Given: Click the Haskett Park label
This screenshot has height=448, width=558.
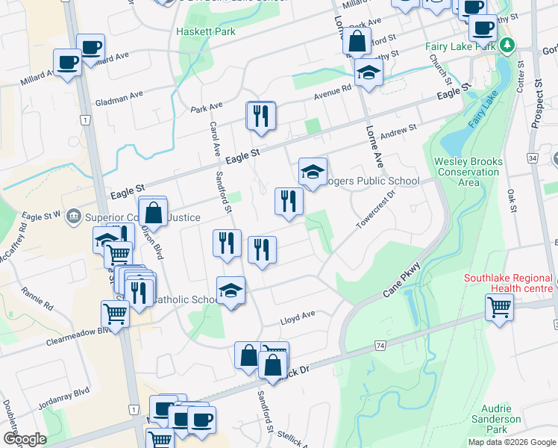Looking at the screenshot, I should (206, 32).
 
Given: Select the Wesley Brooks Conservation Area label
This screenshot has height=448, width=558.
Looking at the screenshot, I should (468, 172).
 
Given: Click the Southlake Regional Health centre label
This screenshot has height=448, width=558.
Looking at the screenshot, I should (509, 283).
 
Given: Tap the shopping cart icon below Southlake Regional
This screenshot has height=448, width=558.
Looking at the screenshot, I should (499, 306).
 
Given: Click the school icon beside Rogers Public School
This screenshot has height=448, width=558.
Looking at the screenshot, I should (313, 172).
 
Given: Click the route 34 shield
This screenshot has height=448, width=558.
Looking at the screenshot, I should (532, 158).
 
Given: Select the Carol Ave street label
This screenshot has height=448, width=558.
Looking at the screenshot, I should (213, 135).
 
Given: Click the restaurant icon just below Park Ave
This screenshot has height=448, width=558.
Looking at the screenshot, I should (261, 116).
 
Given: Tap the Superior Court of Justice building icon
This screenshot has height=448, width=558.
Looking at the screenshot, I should (73, 217).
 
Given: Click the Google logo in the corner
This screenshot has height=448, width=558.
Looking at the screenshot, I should (25, 439).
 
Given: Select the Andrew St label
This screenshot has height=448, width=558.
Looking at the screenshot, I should (398, 132).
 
